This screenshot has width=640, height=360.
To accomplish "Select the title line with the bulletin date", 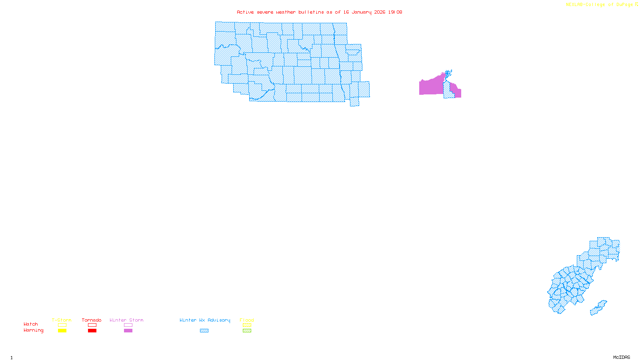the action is pos(319,12).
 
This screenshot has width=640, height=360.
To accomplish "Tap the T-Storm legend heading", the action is pos(62,320).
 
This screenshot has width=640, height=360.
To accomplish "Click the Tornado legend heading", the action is pos(92,320).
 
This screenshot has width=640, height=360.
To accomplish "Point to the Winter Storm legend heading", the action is pos(126,320).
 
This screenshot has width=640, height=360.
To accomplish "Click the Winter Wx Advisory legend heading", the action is pos(205,320).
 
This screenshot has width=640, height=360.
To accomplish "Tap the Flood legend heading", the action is pos(247,320).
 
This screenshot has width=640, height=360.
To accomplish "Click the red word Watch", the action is pos(31,324).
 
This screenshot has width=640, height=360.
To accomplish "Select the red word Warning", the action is pos(34,330).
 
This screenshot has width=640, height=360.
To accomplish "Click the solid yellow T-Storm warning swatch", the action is pos(62,331).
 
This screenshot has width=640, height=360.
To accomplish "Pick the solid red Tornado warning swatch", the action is pos(92,331).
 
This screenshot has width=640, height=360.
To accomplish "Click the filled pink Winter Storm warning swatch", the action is pos(128,331).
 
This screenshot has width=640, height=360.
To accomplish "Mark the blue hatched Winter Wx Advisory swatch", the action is pos(204,331).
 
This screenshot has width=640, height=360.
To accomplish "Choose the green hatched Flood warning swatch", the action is pos(247,331).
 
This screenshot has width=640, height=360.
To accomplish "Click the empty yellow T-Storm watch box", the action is pos(62,325).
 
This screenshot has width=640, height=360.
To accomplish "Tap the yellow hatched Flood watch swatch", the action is pos(247,325).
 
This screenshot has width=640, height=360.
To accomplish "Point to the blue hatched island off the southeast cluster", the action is pos(598,308).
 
